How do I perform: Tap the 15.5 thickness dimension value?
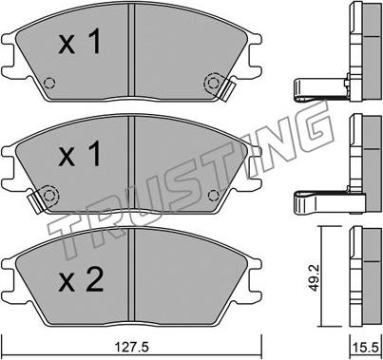366,348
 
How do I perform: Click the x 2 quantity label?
81,279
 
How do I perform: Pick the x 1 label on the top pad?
80,41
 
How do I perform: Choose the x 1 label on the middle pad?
80,154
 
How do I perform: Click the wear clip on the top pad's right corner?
227,90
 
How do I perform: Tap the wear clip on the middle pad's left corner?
36,202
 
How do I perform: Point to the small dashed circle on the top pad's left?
49,83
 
